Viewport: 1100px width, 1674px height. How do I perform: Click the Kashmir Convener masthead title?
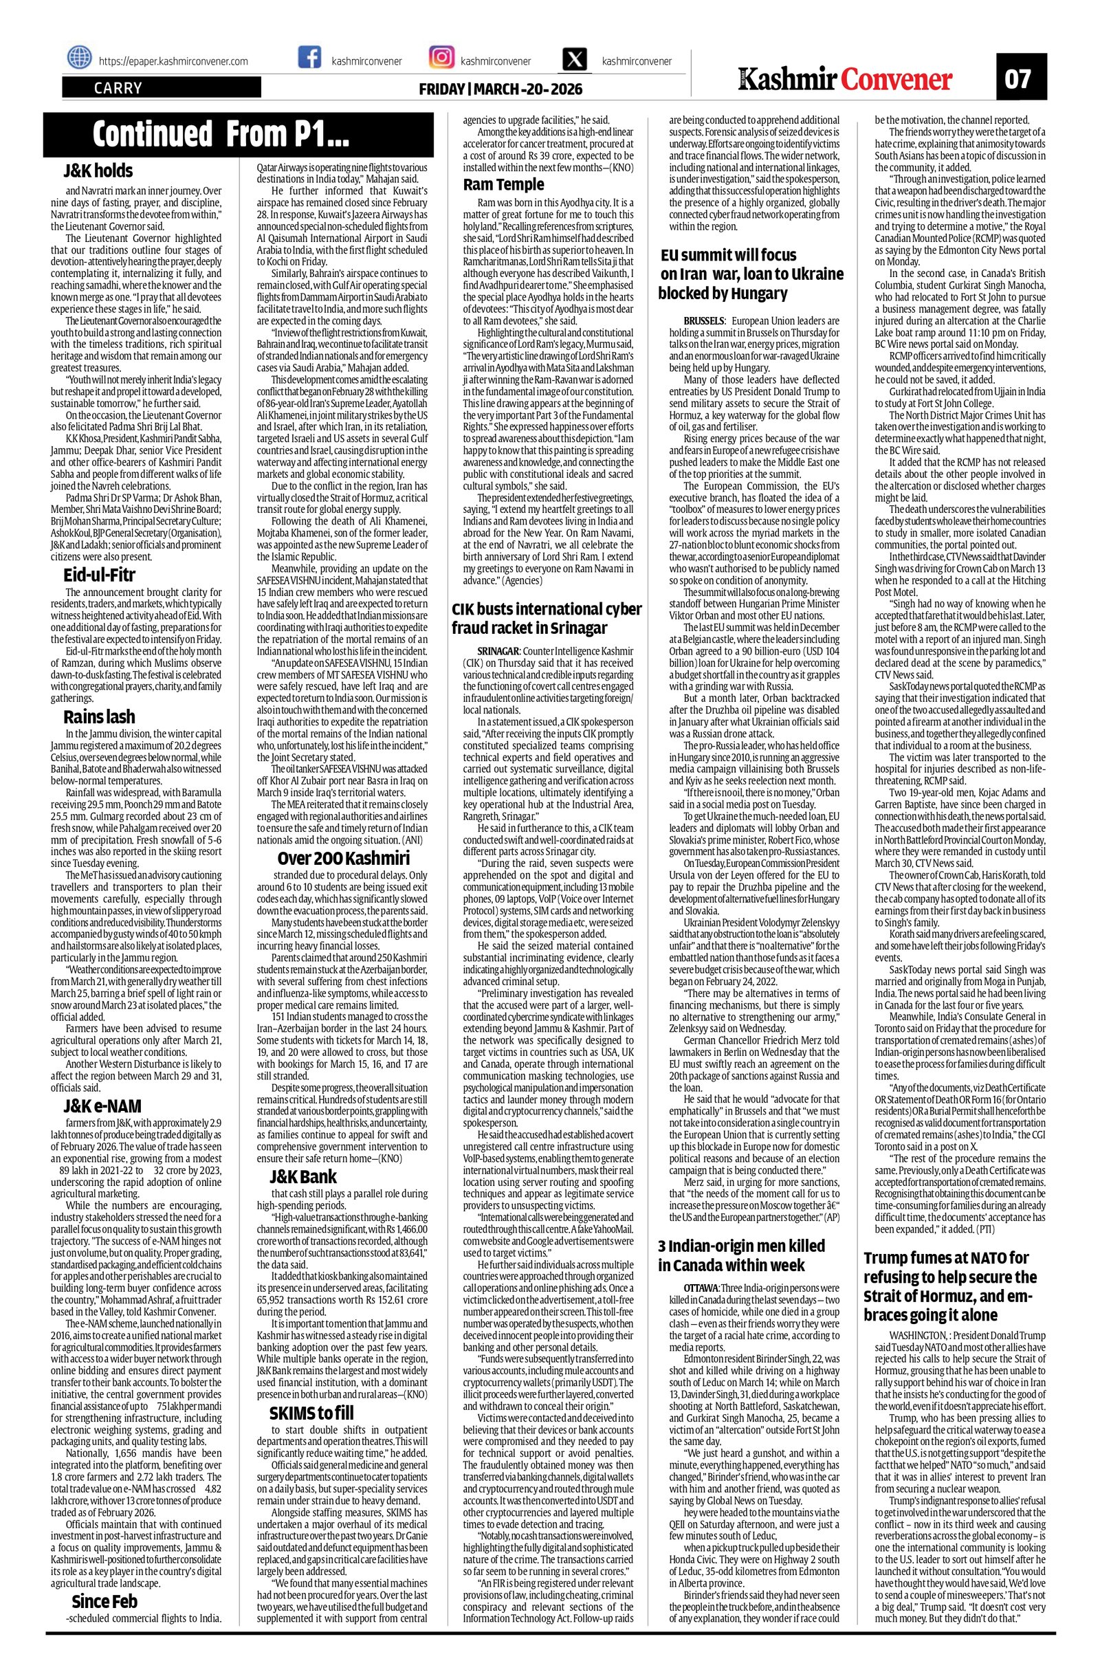coord(845,80)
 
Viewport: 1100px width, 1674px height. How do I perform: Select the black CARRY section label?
coord(161,88)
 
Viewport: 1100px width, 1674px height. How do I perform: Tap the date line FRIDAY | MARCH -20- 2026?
coord(500,90)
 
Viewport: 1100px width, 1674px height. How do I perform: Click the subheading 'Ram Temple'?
coord(503,184)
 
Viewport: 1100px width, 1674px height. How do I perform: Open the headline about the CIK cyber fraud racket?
coord(546,617)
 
